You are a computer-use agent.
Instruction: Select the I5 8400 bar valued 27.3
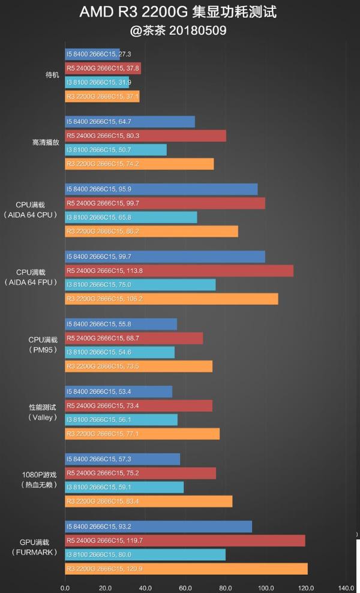92,54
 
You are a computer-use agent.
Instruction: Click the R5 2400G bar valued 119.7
185,541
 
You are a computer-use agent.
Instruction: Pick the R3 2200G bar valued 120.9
186,568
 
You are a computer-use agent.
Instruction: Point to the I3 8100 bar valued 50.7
116,150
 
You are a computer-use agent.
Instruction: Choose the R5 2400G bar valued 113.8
179,271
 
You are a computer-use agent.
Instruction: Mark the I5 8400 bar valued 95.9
161,189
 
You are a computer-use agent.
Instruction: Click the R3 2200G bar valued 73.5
139,366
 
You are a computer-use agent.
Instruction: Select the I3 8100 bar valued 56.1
121,420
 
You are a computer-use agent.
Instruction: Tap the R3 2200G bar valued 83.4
148,501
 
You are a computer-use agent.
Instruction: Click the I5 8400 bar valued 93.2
158,527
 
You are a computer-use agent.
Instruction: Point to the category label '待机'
52,75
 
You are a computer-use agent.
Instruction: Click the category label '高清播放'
46,143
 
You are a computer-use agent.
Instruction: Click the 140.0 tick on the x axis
346,587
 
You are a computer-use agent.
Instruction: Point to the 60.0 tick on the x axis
185,587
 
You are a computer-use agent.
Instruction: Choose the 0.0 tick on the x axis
65,587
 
